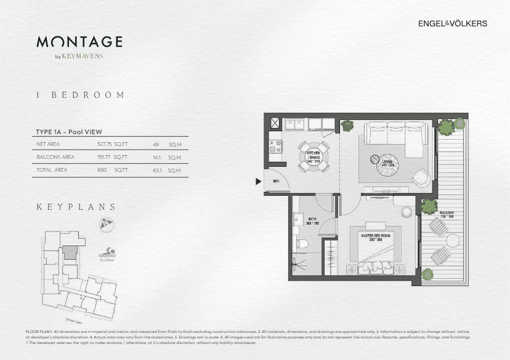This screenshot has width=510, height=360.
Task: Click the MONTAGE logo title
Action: coord(79,42)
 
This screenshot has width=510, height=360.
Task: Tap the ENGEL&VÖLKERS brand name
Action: coord(453,23)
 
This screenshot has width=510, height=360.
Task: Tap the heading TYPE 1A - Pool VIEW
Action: coord(68,132)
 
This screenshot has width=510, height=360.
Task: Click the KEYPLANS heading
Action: coord(76,207)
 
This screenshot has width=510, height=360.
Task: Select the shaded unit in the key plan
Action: coord(71,252)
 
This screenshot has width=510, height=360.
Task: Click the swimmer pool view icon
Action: coord(108,252)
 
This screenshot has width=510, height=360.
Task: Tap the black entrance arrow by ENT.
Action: coord(258,181)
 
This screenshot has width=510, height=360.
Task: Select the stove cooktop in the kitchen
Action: coord(275,147)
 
